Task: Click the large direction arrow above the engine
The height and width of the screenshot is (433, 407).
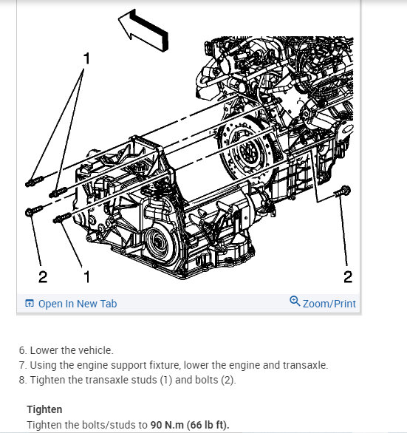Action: (x=144, y=31)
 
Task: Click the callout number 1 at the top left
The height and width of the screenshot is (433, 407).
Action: (x=86, y=58)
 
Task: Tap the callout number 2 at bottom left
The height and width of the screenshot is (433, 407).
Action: (x=43, y=276)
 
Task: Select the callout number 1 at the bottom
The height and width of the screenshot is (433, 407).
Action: (x=87, y=276)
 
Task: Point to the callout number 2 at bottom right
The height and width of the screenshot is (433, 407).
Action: (x=348, y=276)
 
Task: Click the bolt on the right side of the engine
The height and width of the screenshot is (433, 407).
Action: (x=343, y=191)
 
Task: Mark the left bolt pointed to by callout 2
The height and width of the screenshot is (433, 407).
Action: (x=33, y=211)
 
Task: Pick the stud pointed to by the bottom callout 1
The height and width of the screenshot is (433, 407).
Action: (x=62, y=218)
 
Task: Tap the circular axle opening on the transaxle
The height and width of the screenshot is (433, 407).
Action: (x=157, y=243)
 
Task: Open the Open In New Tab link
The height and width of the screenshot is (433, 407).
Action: (x=78, y=304)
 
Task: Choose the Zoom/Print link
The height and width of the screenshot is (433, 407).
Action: (x=329, y=304)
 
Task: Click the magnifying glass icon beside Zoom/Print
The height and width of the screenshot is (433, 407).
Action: (x=295, y=301)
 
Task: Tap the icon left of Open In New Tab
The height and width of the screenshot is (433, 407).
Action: (x=30, y=303)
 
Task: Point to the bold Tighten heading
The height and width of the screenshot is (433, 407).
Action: (x=44, y=409)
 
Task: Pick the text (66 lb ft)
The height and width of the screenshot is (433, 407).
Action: (x=208, y=425)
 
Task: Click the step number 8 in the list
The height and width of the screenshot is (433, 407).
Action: (x=21, y=380)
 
